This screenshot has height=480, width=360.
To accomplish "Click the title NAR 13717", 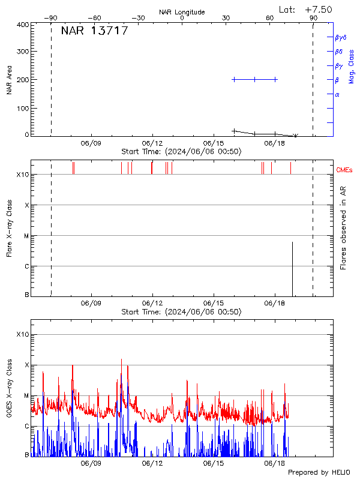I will (94, 31).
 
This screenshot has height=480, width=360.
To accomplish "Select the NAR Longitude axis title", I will (182, 12).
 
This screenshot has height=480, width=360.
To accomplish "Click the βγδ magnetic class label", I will (341, 37).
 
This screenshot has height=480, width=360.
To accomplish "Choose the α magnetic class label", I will (337, 94).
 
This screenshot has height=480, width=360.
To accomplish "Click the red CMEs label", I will (345, 170).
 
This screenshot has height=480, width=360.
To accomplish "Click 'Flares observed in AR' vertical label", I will (343, 227).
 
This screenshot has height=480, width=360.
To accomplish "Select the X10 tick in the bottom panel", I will (22, 334).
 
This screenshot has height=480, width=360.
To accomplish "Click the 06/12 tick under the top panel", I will (152, 144).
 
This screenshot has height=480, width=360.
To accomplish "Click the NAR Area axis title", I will (9, 80).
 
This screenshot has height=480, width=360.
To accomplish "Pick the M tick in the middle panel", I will (26, 236).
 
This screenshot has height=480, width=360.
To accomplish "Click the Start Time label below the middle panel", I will (181, 312).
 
